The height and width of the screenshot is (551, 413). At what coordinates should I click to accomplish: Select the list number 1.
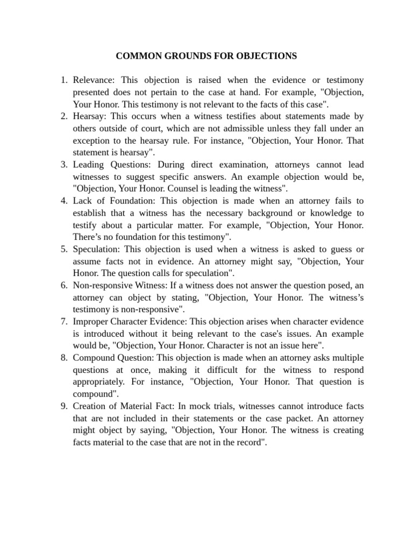pyautogui.click(x=63, y=80)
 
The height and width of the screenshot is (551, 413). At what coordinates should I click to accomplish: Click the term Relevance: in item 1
pyautogui.click(x=94, y=80)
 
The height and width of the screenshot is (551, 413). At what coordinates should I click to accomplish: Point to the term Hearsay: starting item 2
pyautogui.click(x=90, y=116)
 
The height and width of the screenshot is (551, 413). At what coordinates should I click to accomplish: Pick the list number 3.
pyautogui.click(x=63, y=165)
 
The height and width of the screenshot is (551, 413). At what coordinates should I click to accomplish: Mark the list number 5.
pyautogui.click(x=63, y=249)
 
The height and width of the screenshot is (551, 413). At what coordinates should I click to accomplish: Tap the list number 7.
pyautogui.click(x=63, y=321)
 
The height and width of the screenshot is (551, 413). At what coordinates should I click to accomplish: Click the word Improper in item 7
pyautogui.click(x=90, y=321)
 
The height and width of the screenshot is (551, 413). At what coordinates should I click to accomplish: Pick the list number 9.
pyautogui.click(x=63, y=406)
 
